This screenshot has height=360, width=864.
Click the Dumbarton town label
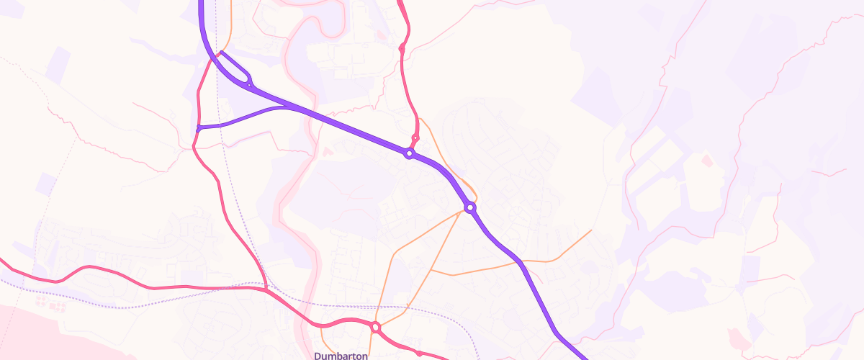pyautogui.click(x=341, y=356)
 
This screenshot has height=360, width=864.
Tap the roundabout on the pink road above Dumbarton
pyautogui.click(x=375, y=328)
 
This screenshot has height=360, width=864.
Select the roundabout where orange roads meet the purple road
pyautogui.click(x=470, y=207)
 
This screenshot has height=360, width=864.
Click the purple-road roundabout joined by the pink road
pyautogui.click(x=409, y=153)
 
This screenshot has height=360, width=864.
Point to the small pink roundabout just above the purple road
pyautogui.click(x=415, y=138)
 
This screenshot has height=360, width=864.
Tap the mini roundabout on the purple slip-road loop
pyautogui.click(x=248, y=84)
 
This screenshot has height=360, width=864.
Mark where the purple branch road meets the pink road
pyautogui.click(x=198, y=128)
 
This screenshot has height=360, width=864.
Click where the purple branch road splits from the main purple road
pyautogui.click(x=292, y=108)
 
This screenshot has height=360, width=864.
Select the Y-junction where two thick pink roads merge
pyautogui.click(x=266, y=289)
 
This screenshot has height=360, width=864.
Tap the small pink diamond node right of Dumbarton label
pyautogui.click(x=418, y=353)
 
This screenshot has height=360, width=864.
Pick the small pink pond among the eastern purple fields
pyautogui.click(x=707, y=159)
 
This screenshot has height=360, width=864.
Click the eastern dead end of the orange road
pyautogui.click(x=591, y=230)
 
